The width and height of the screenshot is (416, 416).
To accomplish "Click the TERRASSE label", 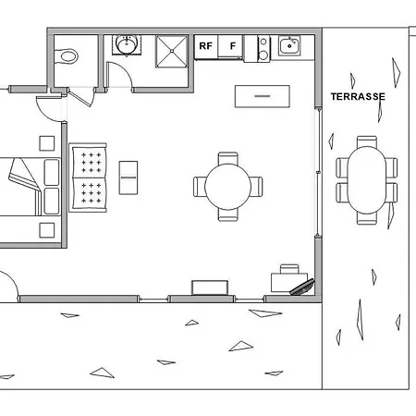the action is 358,97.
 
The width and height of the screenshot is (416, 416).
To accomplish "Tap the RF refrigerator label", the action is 205,46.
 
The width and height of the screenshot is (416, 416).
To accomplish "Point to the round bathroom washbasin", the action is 127,44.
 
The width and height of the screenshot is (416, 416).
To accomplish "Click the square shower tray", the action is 172,51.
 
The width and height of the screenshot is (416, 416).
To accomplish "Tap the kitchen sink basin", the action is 289,46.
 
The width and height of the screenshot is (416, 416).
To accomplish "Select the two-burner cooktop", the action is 263,48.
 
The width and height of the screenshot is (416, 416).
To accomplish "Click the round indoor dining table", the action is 227,187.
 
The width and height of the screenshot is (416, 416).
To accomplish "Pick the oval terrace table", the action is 367,180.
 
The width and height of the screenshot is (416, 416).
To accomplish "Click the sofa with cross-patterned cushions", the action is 88,177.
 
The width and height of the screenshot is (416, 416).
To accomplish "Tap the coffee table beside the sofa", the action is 128,177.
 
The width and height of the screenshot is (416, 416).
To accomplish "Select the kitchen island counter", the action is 263,96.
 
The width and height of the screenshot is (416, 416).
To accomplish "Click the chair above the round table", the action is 228,158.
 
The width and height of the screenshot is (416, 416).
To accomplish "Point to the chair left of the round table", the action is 200,187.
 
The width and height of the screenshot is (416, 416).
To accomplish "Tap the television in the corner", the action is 303,288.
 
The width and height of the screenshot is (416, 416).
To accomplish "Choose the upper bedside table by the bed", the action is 47,143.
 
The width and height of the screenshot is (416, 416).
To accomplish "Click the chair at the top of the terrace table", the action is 367,141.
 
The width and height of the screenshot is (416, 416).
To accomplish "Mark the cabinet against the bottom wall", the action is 210,288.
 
